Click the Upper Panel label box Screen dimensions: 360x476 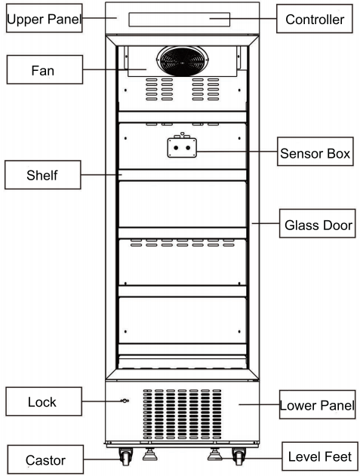coord(44,18)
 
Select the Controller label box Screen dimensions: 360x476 coord(315,19)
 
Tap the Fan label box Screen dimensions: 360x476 coord(45,69)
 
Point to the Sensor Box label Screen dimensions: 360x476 coord(315,152)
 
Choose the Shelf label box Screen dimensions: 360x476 coord(43,175)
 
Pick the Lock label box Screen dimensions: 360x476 coord(44,401)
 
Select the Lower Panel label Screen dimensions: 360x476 coord(318,404)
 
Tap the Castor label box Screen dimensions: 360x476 coord(45,459)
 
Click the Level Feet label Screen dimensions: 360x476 coord(320,456)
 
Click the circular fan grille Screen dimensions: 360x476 coord(183,61)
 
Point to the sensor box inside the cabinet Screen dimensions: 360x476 coord(182,146)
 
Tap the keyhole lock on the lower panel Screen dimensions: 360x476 coord(125,401)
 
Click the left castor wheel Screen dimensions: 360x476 coord(125,456)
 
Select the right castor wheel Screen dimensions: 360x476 coord(238,456)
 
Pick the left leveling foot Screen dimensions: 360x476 coord(149,454)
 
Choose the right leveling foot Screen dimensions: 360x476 coord(215,454)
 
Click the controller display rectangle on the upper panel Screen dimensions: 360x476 coord(179,20)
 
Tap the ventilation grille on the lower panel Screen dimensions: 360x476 coord(183,414)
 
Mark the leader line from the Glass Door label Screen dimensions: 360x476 coord(266,223)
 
